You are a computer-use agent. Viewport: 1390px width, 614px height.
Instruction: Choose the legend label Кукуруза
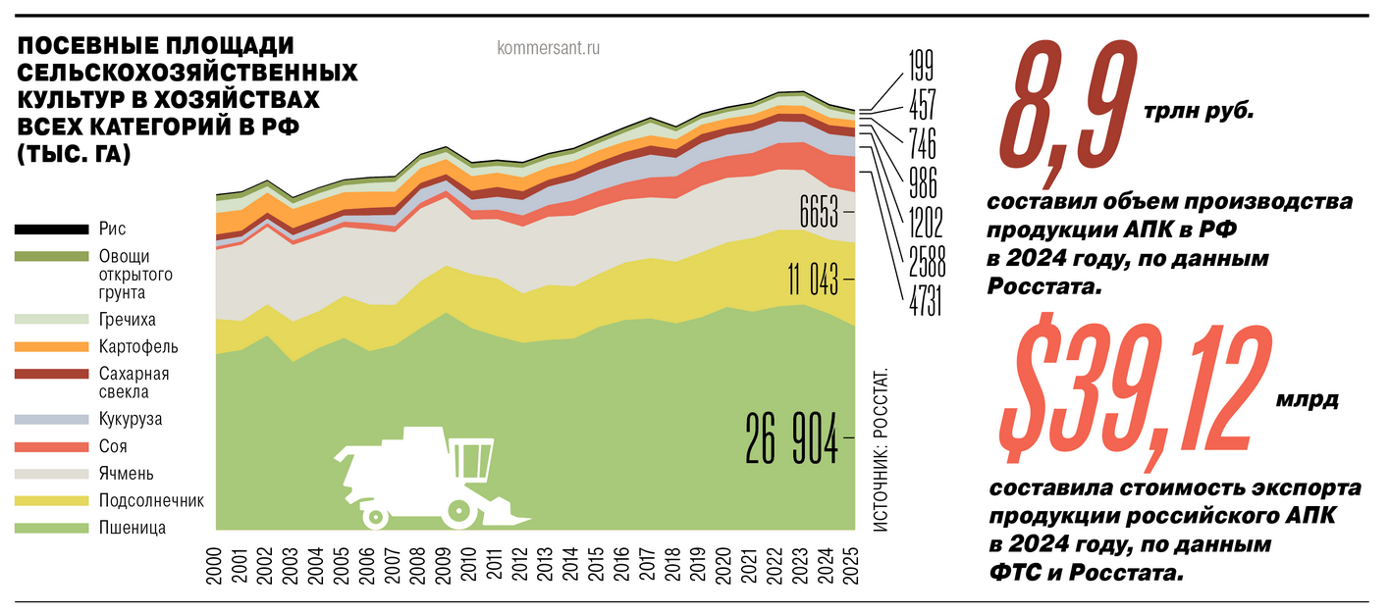point(131,420)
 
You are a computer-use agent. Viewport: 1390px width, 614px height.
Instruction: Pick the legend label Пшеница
point(132,528)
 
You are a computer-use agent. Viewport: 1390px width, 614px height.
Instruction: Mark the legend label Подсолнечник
point(150,500)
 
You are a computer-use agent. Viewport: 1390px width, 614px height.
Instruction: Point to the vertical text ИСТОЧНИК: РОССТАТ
point(879,451)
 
